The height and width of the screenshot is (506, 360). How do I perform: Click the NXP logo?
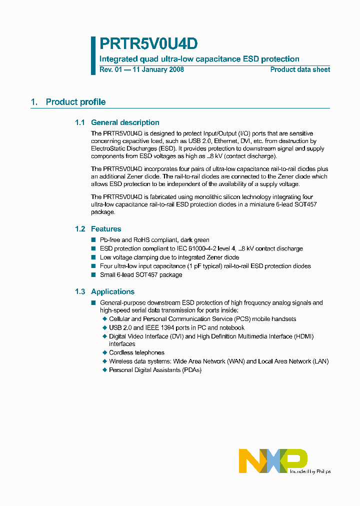(x=273, y=460)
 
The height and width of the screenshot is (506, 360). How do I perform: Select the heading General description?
(x=125, y=122)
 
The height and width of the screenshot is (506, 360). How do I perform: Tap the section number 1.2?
(x=80, y=229)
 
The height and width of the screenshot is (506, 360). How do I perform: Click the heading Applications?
(x=112, y=292)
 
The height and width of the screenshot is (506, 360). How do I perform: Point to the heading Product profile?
(x=75, y=102)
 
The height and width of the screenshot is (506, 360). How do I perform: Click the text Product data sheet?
(x=300, y=69)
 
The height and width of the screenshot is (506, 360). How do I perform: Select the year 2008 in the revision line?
(x=175, y=69)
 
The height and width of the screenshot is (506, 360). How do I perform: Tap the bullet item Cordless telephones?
(x=136, y=352)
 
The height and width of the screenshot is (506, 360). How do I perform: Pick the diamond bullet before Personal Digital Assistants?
(x=105, y=370)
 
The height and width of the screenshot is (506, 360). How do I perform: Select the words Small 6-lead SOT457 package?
(x=141, y=274)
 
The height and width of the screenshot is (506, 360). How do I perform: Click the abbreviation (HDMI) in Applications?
(x=304, y=336)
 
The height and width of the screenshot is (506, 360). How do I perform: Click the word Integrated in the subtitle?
(x=118, y=59)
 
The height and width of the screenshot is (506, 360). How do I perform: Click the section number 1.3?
(x=80, y=292)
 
